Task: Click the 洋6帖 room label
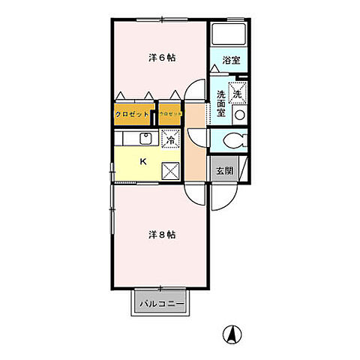(161, 58)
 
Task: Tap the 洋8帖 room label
(160, 234)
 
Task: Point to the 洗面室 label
(222, 103)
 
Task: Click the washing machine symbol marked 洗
(237, 94)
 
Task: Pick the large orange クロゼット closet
(131, 115)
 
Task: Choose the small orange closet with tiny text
(170, 115)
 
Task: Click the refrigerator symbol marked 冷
(170, 139)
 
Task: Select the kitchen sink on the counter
(145, 139)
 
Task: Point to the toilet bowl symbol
(232, 141)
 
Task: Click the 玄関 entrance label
(224, 171)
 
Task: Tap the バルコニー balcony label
(160, 304)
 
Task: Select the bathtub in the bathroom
(229, 35)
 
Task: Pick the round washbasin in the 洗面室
(239, 115)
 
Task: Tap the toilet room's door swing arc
(198, 139)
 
